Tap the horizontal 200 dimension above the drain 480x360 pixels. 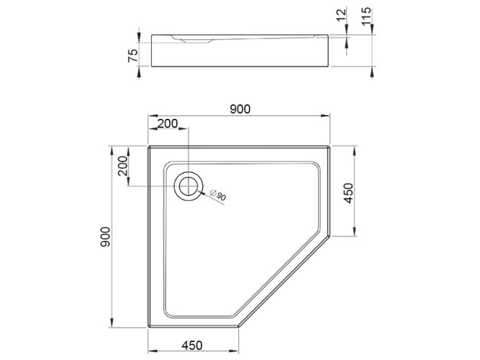[167, 124]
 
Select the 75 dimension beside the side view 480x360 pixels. [133, 56]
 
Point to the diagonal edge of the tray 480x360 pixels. [284, 281]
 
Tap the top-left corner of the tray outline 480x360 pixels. [149, 147]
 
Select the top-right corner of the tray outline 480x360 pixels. [330, 147]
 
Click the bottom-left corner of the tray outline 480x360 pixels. [149, 328]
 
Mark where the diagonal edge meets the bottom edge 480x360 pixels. [239, 328]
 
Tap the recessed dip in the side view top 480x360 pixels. [194, 41]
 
